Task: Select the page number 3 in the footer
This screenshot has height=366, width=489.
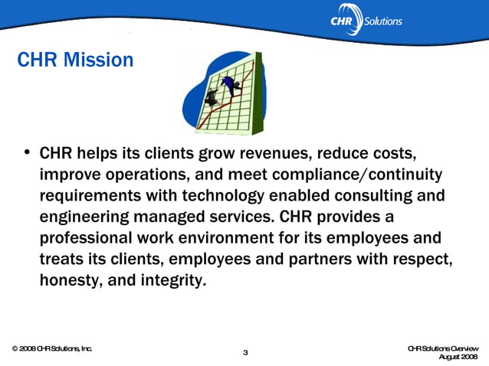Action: click(244, 352)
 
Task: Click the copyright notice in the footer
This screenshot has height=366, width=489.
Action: click(51, 348)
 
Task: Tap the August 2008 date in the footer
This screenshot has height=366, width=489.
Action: click(457, 357)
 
